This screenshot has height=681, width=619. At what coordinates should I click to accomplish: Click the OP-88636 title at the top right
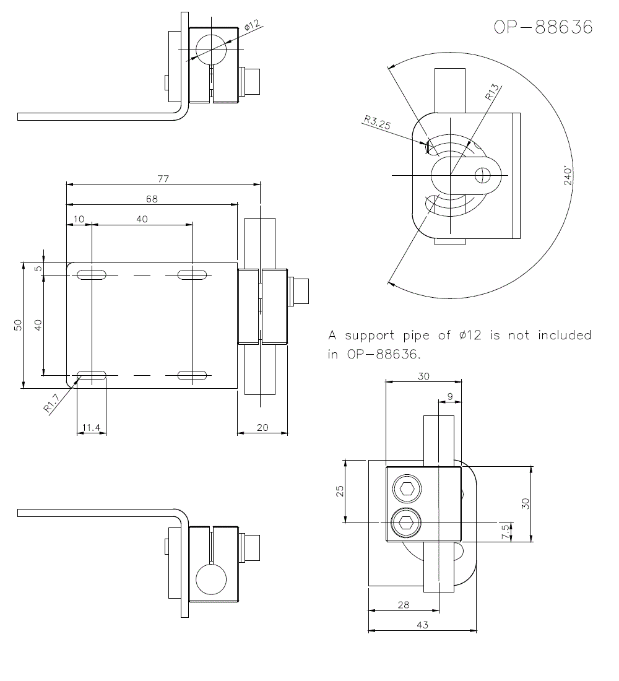coord(543,27)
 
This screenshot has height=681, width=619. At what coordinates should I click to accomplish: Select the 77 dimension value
coord(163,179)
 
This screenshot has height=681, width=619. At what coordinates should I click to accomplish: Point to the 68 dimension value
coord(152,199)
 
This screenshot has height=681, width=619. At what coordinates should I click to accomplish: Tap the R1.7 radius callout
coord(51,404)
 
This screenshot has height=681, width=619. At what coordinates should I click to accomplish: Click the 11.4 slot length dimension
coord(91,427)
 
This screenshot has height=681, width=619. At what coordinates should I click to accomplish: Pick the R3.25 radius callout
coord(377,123)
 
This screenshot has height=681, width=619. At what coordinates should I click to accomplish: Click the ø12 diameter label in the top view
coord(252,27)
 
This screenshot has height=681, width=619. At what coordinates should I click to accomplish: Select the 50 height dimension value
coord(18,325)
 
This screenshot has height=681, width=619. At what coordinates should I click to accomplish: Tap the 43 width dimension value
coord(422,625)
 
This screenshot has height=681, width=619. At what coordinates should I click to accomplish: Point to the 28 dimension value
coord(404,605)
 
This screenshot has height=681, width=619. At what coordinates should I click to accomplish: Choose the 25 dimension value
coord(339,491)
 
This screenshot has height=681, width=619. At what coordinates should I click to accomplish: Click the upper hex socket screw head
coord(407,489)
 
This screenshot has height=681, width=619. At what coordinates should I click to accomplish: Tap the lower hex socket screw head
coord(407,523)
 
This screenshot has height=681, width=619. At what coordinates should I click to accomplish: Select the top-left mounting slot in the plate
coord(92,274)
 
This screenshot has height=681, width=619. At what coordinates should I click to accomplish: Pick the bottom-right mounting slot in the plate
coord(192,375)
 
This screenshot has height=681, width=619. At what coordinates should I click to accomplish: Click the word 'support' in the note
coord(370,336)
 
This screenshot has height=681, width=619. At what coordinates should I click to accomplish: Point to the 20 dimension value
coord(262,427)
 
